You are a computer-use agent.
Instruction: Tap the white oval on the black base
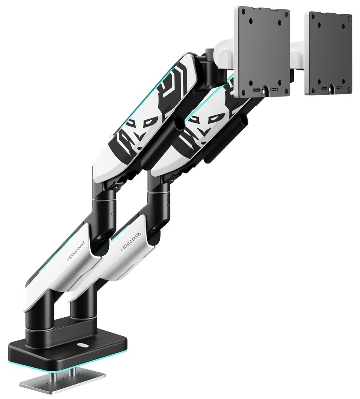point(83,346)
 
